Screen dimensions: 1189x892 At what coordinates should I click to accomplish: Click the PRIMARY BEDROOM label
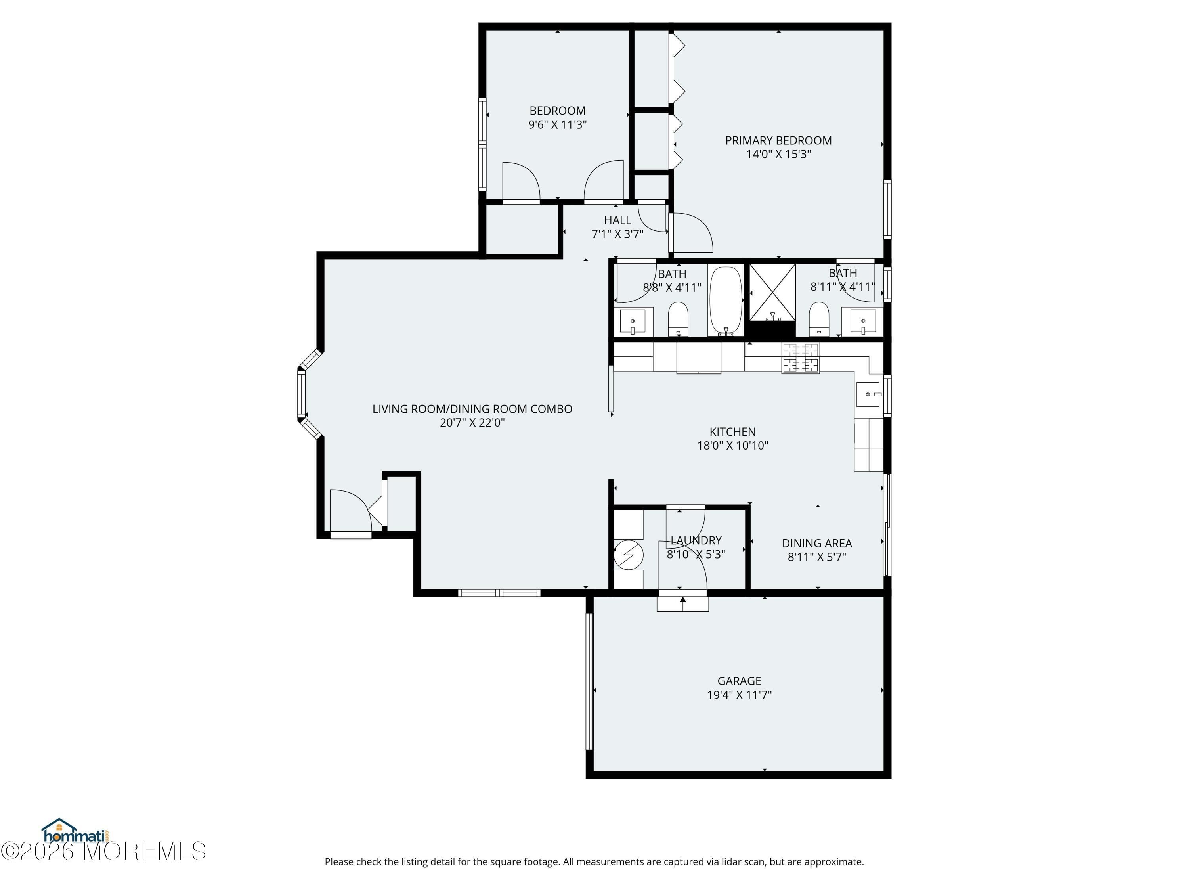click(x=778, y=140)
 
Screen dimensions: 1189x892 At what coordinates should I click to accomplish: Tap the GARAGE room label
click(x=739, y=681)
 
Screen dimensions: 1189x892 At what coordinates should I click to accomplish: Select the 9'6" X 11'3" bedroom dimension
click(x=557, y=125)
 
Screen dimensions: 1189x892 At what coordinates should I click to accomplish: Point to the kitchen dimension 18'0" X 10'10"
click(x=733, y=445)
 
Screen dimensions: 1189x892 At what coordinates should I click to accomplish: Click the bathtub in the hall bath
click(x=726, y=301)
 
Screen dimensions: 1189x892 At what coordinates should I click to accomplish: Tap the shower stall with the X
click(x=772, y=293)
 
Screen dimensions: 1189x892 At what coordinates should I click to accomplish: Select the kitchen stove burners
click(x=800, y=358)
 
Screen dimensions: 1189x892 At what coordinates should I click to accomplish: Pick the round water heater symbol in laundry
click(x=628, y=554)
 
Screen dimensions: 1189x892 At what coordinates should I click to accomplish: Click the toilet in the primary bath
click(x=819, y=320)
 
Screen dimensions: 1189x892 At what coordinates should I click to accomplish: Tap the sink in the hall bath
click(x=633, y=322)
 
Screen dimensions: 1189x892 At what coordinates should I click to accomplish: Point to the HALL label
click(x=617, y=220)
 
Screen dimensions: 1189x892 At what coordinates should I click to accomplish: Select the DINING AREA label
click(x=817, y=543)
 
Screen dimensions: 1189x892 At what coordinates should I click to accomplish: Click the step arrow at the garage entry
click(x=682, y=604)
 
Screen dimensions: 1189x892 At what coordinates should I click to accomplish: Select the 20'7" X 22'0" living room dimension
click(x=472, y=423)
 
